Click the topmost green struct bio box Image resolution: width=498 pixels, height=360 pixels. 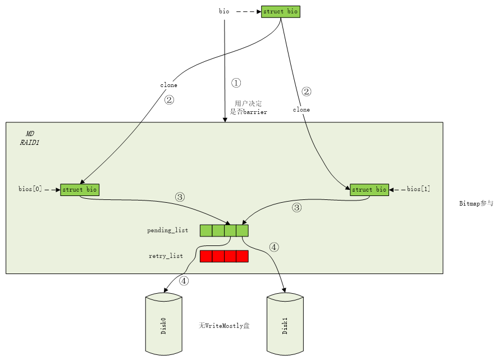[281, 12]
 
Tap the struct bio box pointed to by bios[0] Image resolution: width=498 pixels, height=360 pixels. [80, 190]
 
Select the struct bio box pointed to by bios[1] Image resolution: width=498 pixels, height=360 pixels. [369, 190]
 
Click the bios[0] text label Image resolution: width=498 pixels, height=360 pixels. [30, 189]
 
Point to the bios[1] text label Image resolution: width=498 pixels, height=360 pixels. [418, 189]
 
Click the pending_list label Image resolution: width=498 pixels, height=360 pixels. [168, 230]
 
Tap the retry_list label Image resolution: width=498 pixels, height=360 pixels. [166, 256]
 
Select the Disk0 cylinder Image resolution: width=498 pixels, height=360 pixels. [164, 324]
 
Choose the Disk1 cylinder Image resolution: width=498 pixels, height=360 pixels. [285, 324]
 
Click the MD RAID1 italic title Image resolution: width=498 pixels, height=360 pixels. [30, 138]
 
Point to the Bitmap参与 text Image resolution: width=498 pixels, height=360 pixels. [476, 203]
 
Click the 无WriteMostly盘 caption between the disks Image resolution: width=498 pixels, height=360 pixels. [224, 326]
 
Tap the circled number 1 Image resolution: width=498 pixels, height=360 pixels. [236, 83]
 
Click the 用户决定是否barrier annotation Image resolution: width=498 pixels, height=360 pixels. [248, 108]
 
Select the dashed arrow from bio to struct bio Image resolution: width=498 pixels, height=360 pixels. [249, 12]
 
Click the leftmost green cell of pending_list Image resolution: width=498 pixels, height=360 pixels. [206, 231]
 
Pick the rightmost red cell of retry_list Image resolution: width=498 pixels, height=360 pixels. [243, 256]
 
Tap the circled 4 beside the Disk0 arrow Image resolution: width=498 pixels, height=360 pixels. [184, 281]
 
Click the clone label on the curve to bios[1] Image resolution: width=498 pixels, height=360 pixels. [301, 110]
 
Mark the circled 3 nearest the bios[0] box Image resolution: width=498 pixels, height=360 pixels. [180, 197]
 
